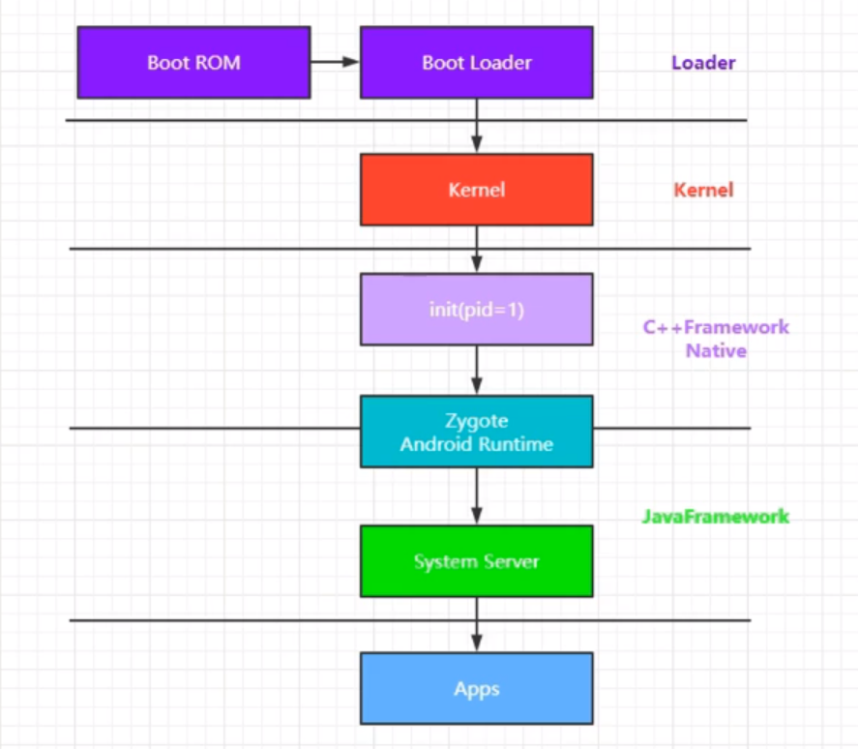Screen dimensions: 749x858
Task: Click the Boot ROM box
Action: click(193, 63)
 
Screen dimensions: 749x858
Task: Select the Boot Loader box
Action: click(476, 63)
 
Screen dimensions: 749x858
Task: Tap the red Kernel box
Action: click(476, 190)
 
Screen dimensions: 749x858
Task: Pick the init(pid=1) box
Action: click(476, 309)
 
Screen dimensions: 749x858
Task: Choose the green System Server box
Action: click(476, 561)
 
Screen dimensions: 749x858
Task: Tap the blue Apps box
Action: click(476, 688)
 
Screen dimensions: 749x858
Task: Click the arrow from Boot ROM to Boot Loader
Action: click(335, 63)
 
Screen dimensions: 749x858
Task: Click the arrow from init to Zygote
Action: click(476, 370)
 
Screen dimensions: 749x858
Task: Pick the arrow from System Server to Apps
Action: click(476, 624)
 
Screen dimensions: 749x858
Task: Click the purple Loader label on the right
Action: click(703, 63)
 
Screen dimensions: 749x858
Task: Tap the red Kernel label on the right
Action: click(703, 190)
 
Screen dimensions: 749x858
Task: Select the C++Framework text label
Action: click(716, 327)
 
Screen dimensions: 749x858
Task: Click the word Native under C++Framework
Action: click(716, 350)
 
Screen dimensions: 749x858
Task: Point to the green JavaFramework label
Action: click(715, 516)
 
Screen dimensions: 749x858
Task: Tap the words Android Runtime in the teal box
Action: click(476, 444)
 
